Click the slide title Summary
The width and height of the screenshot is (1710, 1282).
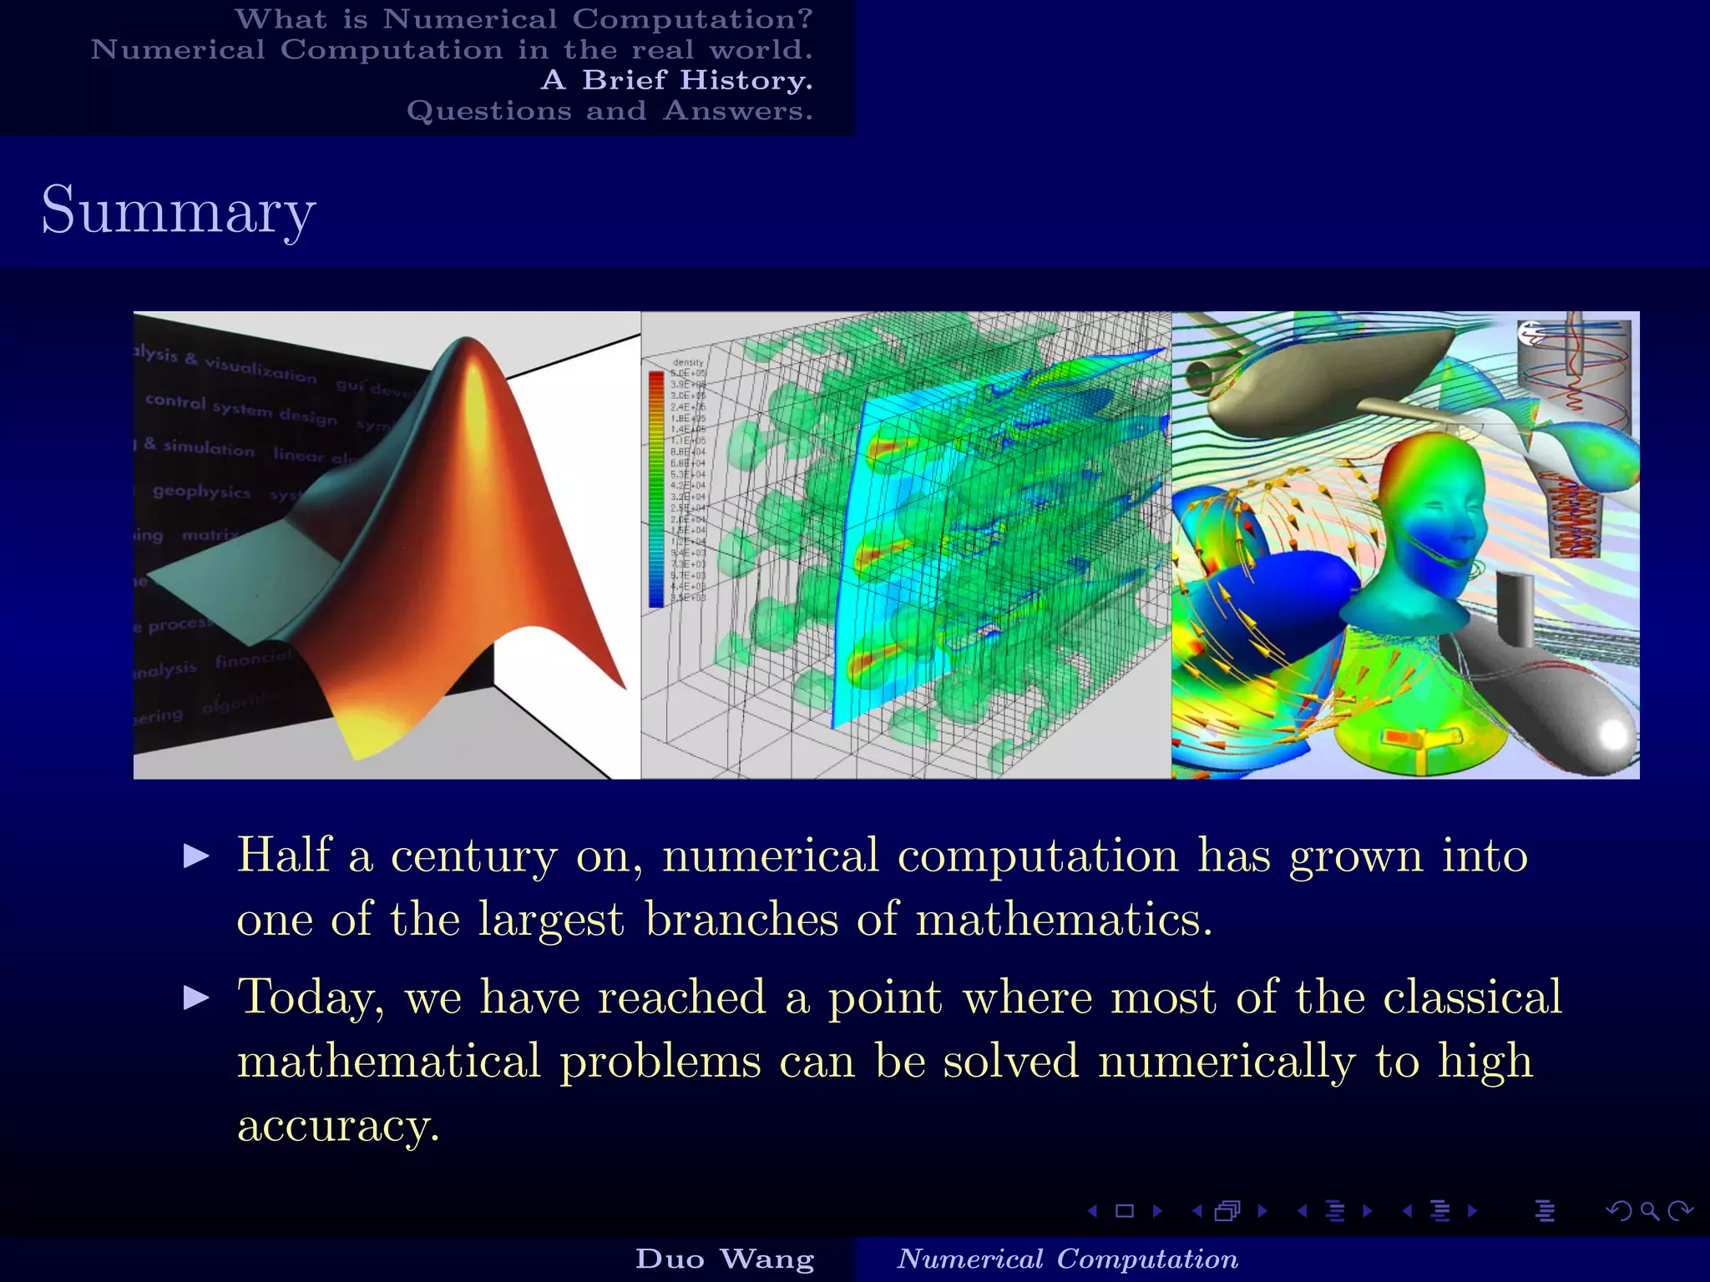178,210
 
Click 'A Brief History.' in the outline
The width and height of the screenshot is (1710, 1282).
676,80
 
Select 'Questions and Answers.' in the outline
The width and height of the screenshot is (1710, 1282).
610,111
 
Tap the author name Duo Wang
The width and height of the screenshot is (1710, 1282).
724,1259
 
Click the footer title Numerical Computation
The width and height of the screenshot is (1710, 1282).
1067,1259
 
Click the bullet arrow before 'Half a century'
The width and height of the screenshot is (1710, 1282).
196,856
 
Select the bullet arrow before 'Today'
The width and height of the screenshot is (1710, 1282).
196,997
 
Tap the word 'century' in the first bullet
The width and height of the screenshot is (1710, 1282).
473,856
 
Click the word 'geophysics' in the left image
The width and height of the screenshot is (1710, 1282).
201,491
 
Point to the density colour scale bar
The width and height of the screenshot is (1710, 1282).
656,488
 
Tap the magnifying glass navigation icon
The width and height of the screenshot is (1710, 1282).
1649,1210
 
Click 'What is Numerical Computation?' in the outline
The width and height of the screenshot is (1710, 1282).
524,18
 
